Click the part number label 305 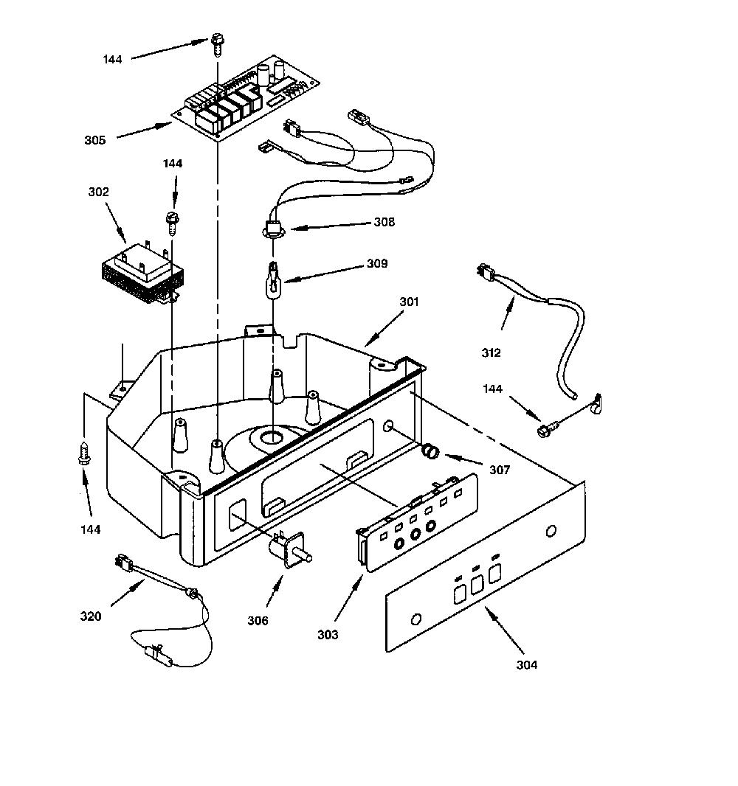coord(94,140)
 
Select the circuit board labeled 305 coord(246,98)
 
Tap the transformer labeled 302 coord(142,274)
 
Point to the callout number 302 coord(98,192)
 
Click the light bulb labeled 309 coord(273,281)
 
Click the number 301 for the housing coord(409,302)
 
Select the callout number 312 coord(492,353)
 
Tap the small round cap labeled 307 coord(431,451)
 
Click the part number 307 coord(500,470)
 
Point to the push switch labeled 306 coord(290,549)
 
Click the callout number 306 coord(258,621)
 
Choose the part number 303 coord(328,635)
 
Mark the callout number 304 coord(527,664)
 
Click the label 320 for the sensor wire coord(90,616)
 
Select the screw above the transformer coord(173,224)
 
